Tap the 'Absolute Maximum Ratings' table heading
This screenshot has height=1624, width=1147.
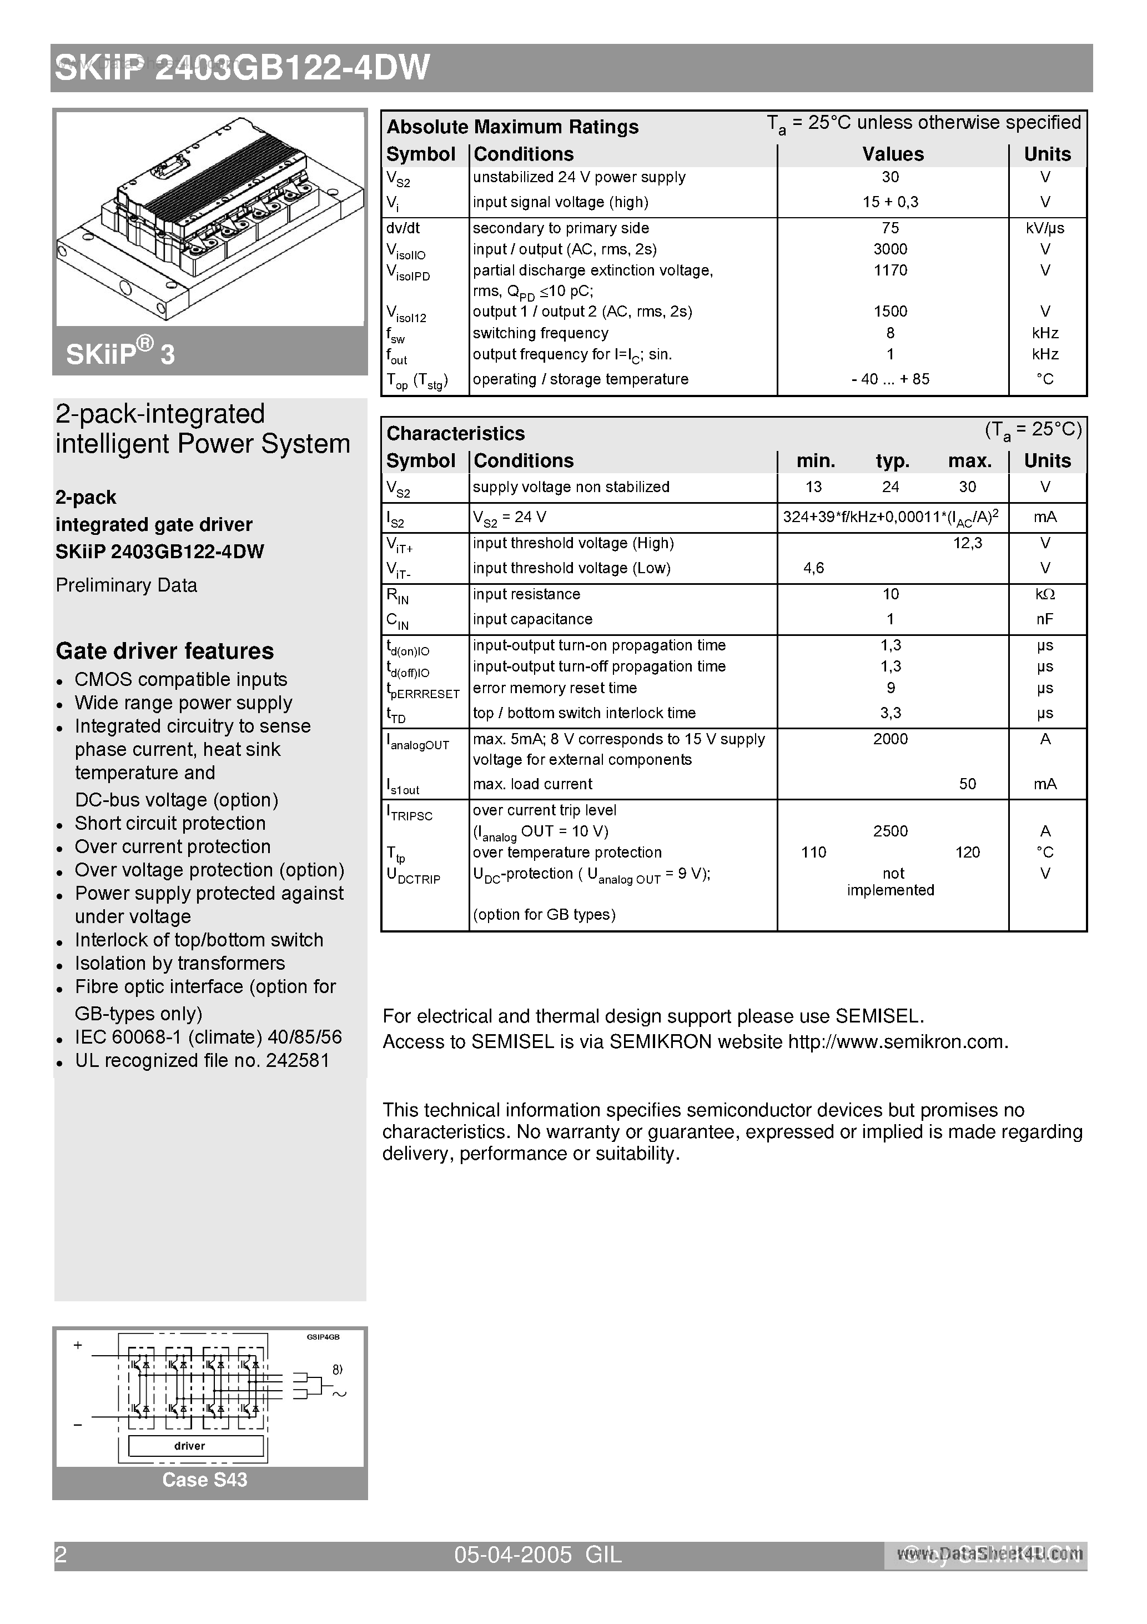coord(512,127)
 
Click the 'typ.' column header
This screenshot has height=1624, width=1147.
coord(892,461)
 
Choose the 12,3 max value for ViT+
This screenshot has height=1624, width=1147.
coord(967,543)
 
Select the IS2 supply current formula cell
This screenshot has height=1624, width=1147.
coord(891,518)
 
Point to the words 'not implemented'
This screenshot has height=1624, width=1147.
coord(891,882)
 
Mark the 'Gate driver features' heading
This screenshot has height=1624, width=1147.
coord(165,651)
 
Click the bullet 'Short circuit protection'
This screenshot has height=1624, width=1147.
coord(170,823)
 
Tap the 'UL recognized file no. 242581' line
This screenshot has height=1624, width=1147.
coord(202,1060)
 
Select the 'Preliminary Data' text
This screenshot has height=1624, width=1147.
coord(126,585)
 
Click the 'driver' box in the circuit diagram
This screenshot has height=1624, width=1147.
coord(189,1446)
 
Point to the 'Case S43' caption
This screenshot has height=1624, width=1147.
coord(204,1480)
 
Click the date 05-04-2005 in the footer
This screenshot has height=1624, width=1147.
coord(512,1555)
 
